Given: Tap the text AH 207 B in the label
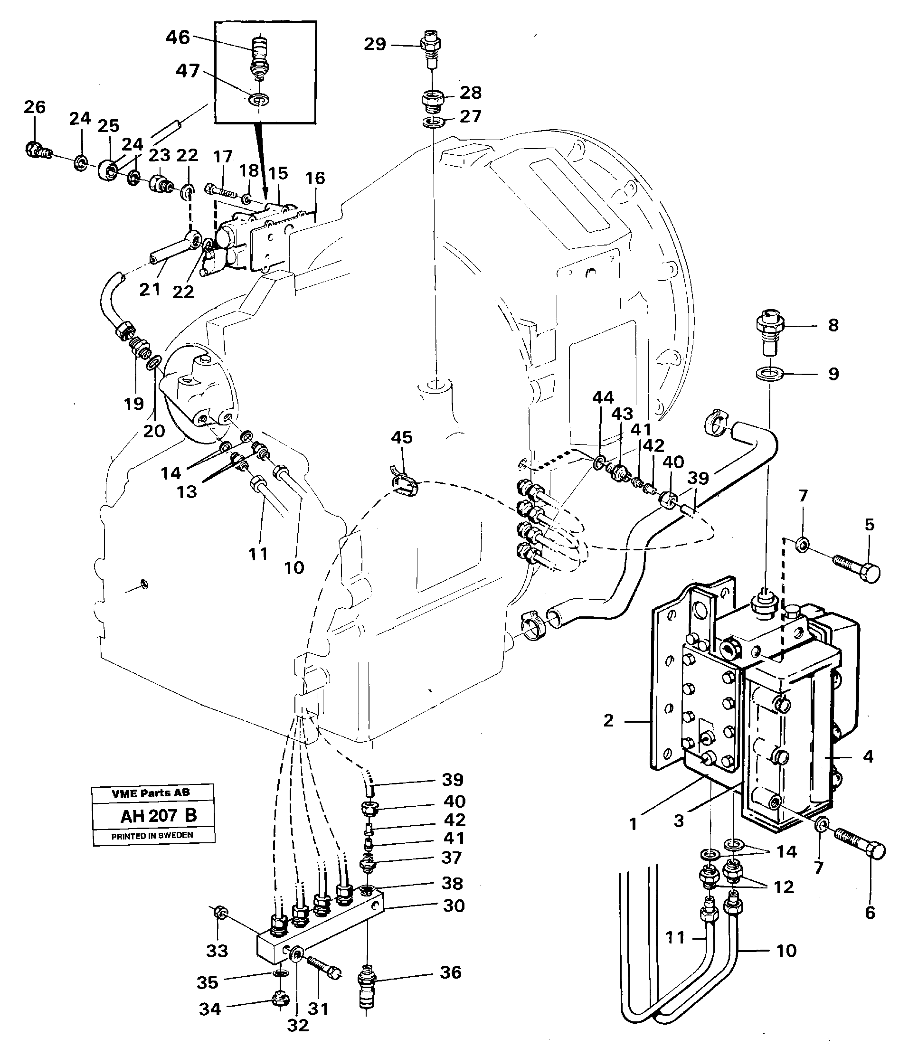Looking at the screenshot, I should coord(159,816).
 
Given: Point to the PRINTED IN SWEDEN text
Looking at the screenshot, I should coord(152,835).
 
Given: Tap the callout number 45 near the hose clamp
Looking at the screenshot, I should coord(401,437).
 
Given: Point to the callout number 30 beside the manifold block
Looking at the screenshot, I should coord(453,905).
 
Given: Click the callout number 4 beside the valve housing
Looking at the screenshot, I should coord(868,756).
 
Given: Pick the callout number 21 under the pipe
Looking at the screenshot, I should coord(150,290).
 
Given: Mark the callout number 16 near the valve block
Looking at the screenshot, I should coord(315,178).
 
